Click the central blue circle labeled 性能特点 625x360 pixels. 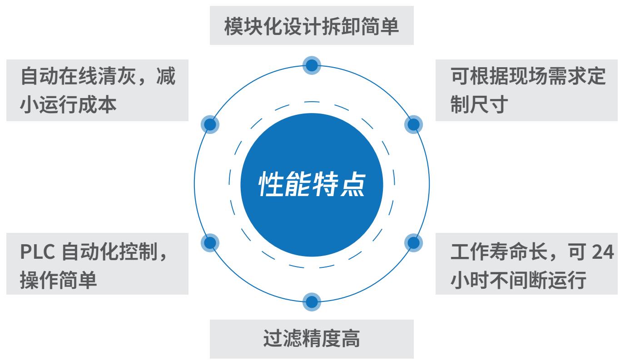click(312, 185)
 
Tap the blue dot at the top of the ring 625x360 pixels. click(312, 65)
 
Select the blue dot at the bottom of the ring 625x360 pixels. click(312, 302)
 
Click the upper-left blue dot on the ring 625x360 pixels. click(210, 124)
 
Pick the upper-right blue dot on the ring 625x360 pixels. click(413, 124)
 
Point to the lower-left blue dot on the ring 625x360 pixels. click(210, 242)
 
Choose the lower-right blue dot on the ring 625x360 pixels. click(413, 242)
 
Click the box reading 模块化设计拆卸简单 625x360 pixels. click(312, 25)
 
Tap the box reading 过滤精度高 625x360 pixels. click(312, 339)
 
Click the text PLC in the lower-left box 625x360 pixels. click(37, 252)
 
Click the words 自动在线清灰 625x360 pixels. click(79, 76)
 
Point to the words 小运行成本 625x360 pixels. click(68, 104)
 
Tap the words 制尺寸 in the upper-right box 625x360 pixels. click(479, 104)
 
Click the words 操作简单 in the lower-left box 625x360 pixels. click(58, 280)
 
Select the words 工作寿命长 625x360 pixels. click(499, 252)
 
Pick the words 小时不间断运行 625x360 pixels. click(518, 280)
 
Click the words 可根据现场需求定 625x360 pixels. click(528, 76)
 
